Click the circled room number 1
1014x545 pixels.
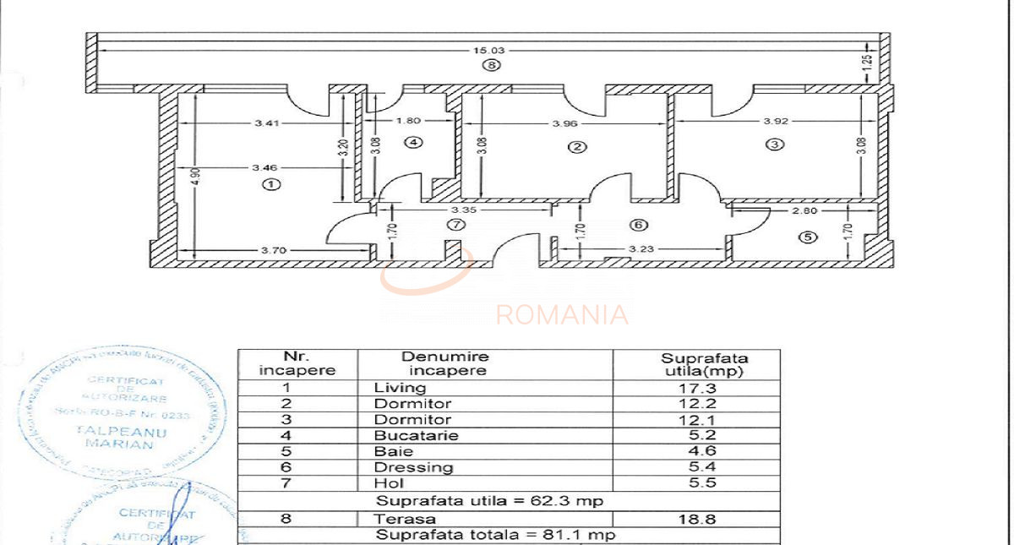click(x=270, y=184)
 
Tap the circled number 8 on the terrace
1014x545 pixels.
click(x=492, y=65)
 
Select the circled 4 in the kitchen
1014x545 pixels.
click(x=413, y=142)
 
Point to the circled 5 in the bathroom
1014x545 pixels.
click(x=809, y=237)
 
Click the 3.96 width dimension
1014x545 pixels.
click(x=564, y=123)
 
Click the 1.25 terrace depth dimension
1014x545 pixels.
click(x=867, y=62)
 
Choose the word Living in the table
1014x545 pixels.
click(x=400, y=388)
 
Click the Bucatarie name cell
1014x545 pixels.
click(x=416, y=436)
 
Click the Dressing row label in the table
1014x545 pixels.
click(x=413, y=467)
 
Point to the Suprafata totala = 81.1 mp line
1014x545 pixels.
click(x=495, y=536)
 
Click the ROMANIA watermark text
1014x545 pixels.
click(x=562, y=315)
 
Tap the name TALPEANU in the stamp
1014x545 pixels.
click(x=128, y=432)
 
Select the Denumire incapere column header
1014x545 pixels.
click(x=444, y=363)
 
